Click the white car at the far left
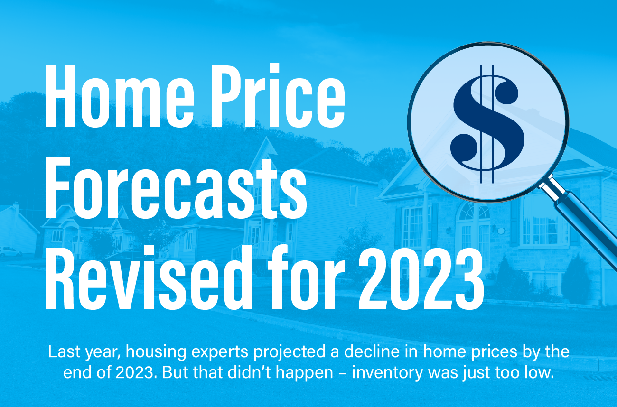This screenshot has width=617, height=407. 9,252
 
